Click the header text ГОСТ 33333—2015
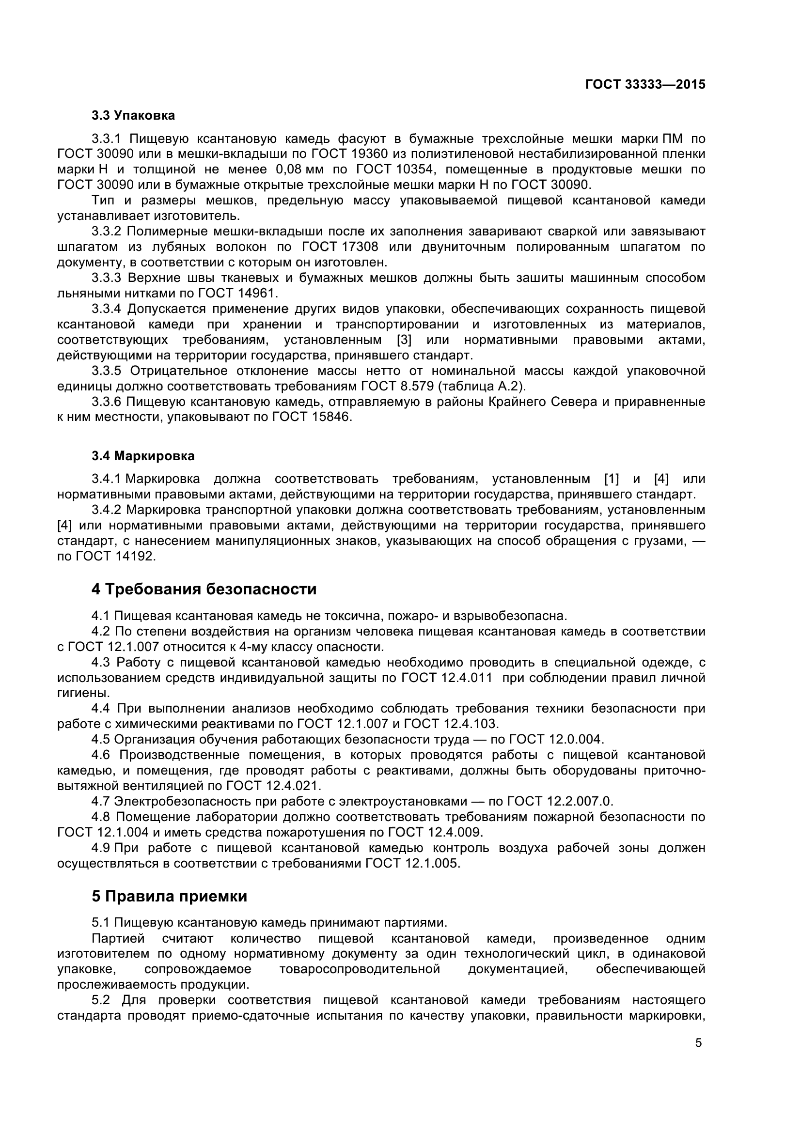[x=644, y=84]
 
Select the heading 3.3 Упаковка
[x=133, y=115]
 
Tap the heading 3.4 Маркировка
[x=142, y=456]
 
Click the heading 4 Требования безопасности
[x=204, y=589]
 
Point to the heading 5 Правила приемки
[x=169, y=896]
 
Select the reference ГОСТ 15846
[x=312, y=417]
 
